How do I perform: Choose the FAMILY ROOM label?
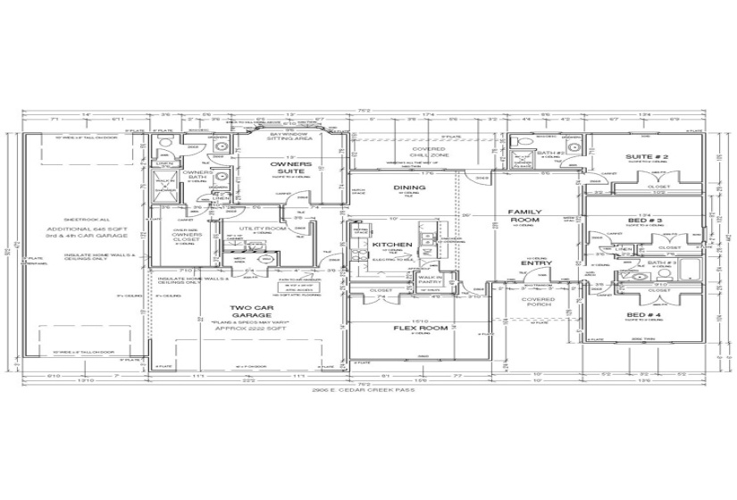pyautogui.click(x=525, y=215)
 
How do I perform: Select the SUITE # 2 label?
pyautogui.click(x=666, y=157)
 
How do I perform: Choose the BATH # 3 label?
pyautogui.click(x=662, y=262)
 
